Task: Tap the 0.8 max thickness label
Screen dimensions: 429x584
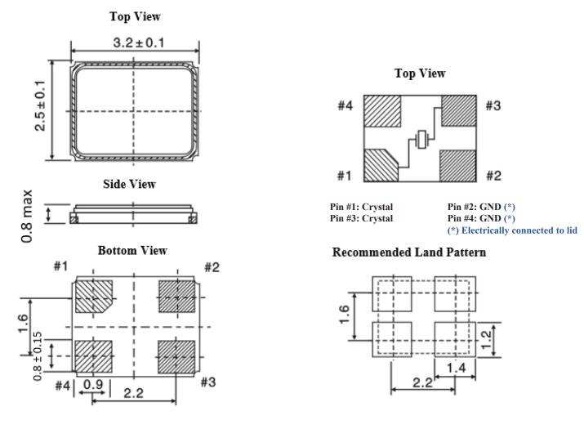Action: click(x=28, y=216)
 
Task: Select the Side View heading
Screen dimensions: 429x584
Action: click(x=129, y=185)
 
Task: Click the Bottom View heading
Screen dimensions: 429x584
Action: click(x=132, y=251)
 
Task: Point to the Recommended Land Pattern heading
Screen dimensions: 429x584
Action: click(x=408, y=252)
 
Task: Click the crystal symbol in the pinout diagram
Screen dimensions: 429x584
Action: click(x=421, y=141)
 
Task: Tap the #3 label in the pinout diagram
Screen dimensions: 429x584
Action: click(x=493, y=106)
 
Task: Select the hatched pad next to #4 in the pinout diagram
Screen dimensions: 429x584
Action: click(x=381, y=112)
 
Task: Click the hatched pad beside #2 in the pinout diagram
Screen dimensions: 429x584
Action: click(x=458, y=166)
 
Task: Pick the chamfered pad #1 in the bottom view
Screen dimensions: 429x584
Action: click(x=94, y=297)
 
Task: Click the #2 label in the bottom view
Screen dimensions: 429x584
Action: click(x=212, y=267)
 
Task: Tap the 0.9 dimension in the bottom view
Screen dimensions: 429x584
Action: click(x=92, y=384)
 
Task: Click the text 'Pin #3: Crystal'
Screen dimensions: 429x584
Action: click(x=361, y=219)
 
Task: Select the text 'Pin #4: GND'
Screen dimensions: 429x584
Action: click(x=472, y=219)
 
